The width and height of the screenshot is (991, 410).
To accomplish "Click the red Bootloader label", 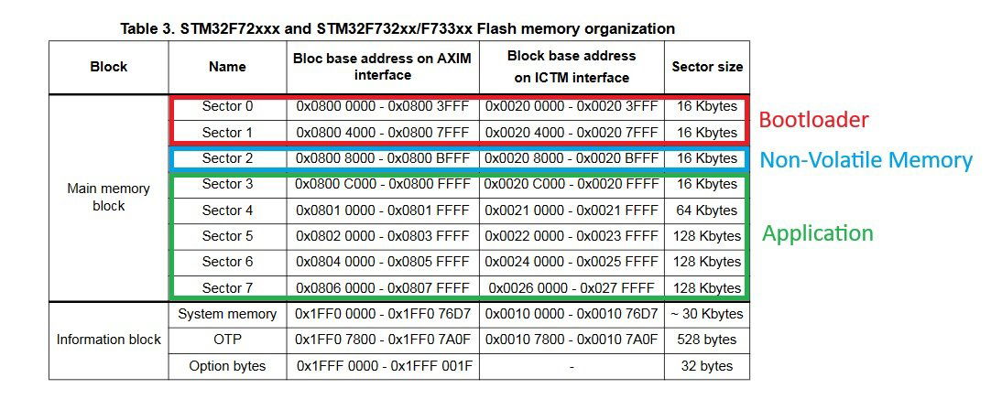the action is [x=813, y=119].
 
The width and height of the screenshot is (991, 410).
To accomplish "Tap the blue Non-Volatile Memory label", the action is [x=866, y=160].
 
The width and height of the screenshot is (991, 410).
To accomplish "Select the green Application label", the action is [x=817, y=233].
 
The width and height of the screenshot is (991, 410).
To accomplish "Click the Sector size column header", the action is [x=707, y=67].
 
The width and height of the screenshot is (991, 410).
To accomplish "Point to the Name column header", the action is [x=227, y=67].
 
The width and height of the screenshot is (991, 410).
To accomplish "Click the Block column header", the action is [x=109, y=67].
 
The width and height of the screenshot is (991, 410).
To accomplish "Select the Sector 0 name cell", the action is [x=227, y=107].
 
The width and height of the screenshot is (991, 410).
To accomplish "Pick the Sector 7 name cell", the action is [x=227, y=288].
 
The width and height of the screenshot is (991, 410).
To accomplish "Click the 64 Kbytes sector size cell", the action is [x=707, y=210].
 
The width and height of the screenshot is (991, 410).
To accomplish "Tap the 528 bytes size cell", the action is [x=707, y=340].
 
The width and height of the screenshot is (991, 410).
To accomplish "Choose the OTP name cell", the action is [x=227, y=340].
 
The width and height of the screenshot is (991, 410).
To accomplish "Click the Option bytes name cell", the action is [x=227, y=366].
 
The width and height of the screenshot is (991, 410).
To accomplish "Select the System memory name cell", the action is [x=227, y=314].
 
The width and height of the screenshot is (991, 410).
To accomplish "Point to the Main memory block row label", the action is [x=109, y=197].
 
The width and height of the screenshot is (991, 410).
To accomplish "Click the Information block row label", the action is [x=109, y=340].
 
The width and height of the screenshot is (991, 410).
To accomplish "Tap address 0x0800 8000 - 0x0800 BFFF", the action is [x=383, y=158].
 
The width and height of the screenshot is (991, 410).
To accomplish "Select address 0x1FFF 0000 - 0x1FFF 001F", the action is [x=383, y=366].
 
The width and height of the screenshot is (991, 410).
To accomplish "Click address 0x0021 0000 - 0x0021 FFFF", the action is [x=572, y=210].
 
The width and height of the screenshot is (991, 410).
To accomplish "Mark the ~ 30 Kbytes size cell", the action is [x=707, y=314].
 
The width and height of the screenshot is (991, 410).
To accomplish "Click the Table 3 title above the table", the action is [x=398, y=29].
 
